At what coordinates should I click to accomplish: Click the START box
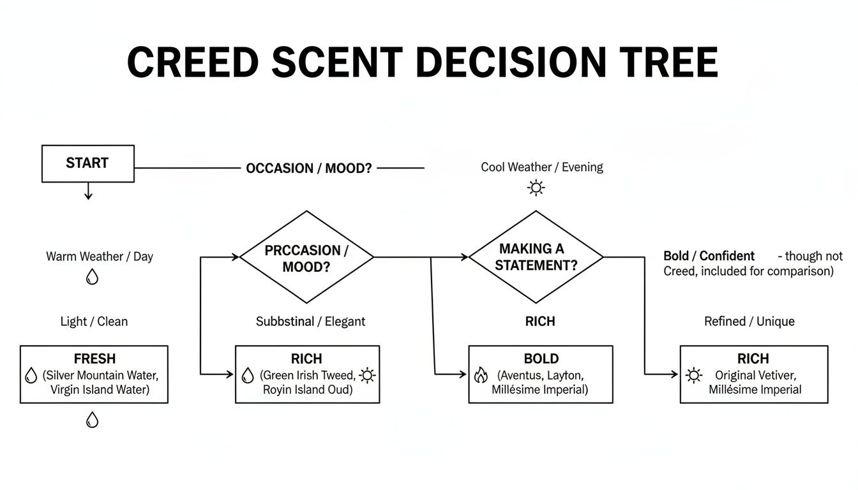87,163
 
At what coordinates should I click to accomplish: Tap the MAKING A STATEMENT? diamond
536,257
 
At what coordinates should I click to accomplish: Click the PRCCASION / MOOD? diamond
306,257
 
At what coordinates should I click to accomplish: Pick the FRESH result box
94,375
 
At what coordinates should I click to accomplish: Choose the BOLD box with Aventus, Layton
541,375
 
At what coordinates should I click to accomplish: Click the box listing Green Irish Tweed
307,375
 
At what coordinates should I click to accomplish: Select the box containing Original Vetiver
753,375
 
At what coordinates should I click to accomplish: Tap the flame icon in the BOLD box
481,375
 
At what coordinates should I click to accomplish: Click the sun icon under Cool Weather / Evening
535,188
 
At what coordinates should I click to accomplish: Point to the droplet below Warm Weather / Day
93,277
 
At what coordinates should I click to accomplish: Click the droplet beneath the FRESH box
93,420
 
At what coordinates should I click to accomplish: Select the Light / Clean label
94,322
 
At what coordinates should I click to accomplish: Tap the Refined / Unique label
749,322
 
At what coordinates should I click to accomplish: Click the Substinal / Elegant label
310,322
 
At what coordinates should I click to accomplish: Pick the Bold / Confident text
709,256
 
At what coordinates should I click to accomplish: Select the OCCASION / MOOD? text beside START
308,168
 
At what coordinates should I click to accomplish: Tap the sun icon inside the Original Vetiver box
693,375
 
